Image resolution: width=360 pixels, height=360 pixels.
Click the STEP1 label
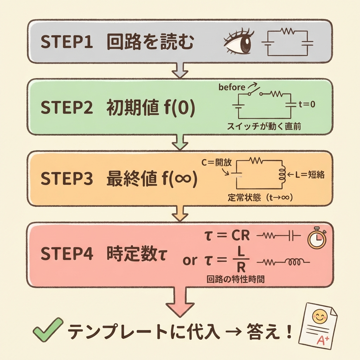66,43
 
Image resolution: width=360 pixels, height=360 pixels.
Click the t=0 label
307,104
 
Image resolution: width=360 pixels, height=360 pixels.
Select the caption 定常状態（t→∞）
261,198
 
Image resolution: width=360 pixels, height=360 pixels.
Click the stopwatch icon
317,239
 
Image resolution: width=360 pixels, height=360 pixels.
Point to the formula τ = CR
227,236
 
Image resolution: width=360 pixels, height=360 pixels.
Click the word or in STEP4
190,261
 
